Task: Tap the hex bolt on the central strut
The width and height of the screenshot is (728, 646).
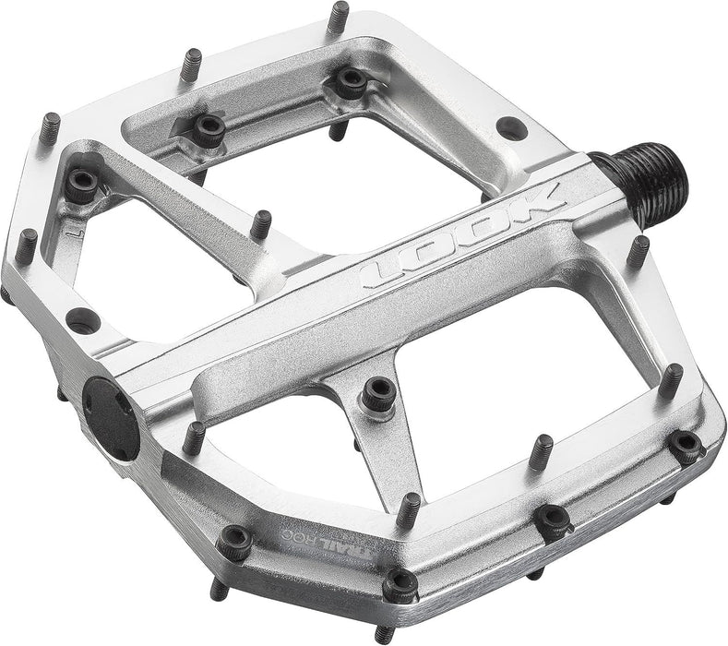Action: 378,394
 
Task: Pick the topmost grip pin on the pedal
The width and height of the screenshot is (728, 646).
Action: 339,16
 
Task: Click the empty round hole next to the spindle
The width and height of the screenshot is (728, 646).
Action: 510,128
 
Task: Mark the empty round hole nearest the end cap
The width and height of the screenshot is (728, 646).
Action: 84,319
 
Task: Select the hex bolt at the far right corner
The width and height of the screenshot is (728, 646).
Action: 686,446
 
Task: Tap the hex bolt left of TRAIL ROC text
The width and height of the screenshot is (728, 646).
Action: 236,542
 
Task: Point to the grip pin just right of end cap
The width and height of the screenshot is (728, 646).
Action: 195,437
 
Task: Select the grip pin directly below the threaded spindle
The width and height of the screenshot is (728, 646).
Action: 637,250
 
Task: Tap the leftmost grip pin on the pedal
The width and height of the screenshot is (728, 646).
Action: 26,244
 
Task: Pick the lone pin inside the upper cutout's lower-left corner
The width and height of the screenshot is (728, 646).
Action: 262,222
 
